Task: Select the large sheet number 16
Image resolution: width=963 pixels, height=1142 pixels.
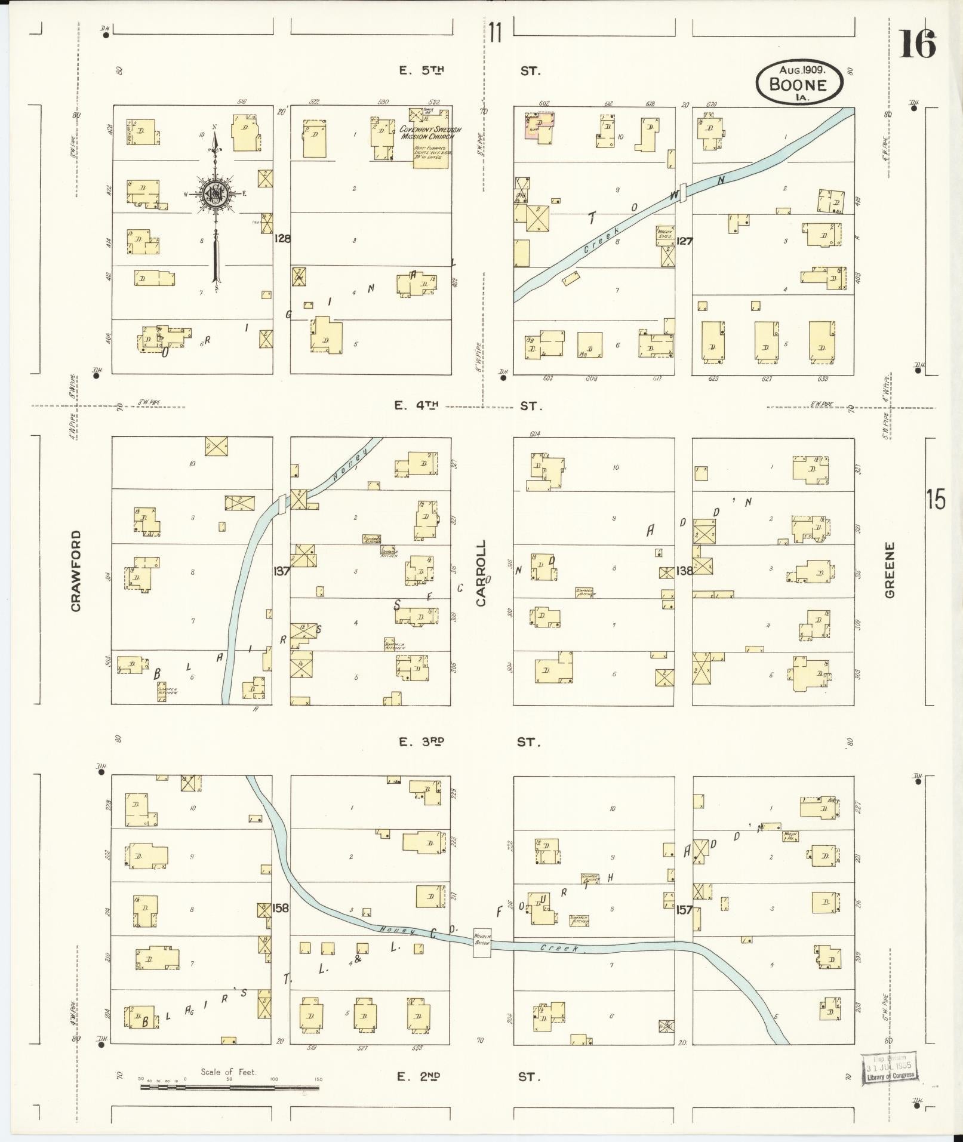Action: point(917,45)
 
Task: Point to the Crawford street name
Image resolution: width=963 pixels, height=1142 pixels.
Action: point(76,571)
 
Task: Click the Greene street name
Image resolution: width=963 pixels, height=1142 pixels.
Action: point(890,570)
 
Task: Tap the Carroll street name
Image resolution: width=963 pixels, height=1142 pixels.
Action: point(481,573)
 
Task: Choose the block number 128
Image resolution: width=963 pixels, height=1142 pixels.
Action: point(282,239)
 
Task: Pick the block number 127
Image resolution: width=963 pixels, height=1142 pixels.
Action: point(684,241)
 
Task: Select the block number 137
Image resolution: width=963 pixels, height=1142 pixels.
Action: point(281,571)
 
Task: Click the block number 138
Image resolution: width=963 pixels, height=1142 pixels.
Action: point(684,571)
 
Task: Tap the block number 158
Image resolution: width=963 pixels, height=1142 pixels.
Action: point(281,909)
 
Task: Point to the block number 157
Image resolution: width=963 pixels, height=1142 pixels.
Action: point(684,910)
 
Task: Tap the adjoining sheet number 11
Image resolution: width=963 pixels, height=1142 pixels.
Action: point(494,33)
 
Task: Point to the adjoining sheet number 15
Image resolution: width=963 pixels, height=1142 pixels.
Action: point(936,499)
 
